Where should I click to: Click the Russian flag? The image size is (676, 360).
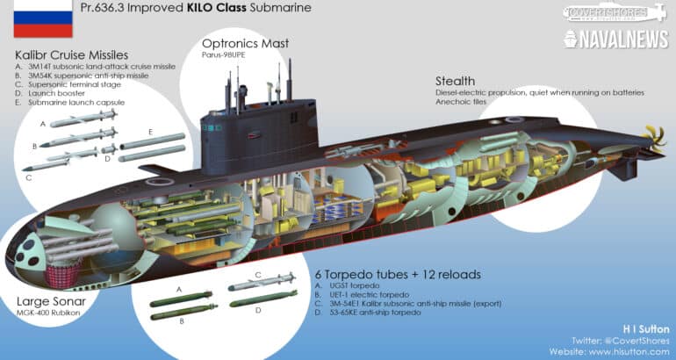point(43,18)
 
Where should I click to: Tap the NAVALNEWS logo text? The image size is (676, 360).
point(615,40)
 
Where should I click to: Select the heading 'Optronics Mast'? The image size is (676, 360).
point(245,44)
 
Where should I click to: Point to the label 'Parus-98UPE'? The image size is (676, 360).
point(223,54)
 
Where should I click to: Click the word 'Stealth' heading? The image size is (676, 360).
point(455,81)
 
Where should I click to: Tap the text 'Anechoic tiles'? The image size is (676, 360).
point(460,102)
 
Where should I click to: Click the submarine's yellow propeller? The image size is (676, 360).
point(653,138)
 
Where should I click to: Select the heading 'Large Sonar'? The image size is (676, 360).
point(51,301)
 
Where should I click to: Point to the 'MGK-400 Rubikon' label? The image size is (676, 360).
point(48,313)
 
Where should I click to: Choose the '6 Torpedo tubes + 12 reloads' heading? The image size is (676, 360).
point(398,275)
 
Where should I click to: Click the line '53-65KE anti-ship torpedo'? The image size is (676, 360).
point(368,312)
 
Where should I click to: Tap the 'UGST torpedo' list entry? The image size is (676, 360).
point(347,285)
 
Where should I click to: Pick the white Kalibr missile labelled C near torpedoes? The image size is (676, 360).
point(262,282)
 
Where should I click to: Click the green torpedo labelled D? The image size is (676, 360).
point(263,299)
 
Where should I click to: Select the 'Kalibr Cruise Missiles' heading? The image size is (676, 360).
point(72,55)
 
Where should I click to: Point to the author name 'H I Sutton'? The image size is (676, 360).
point(646,329)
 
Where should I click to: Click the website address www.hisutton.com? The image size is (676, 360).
point(609,352)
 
